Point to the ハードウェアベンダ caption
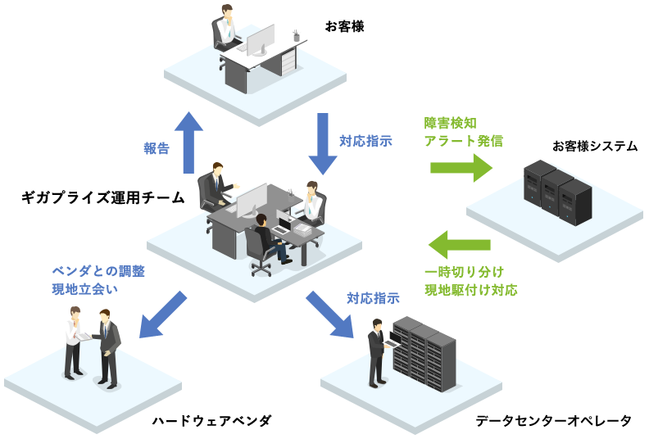[x=211, y=421]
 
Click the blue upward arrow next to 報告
[x=193, y=143]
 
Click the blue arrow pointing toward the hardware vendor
[x=163, y=313]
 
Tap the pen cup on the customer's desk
[x=296, y=36]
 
